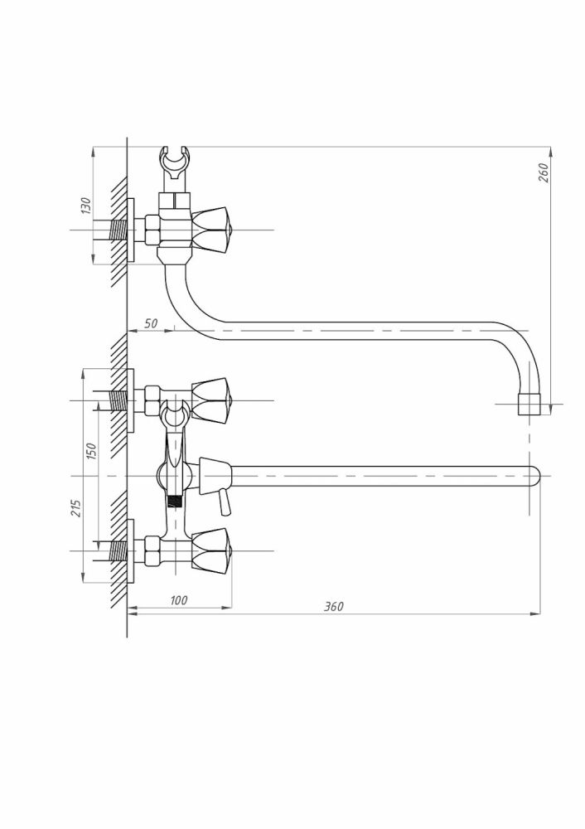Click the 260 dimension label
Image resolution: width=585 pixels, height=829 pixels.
544,172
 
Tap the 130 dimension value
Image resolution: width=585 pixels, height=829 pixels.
86,206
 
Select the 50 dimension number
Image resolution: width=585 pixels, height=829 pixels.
151,323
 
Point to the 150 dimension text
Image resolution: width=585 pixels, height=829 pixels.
91,451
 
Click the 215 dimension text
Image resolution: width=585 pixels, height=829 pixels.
76,508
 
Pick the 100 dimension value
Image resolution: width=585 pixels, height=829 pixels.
179,600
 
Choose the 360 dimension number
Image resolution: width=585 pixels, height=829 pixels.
333,607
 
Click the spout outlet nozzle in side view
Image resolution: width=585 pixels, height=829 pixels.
529,404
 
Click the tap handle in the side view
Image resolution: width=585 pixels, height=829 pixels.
211,230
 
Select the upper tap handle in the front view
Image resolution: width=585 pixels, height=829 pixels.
211,400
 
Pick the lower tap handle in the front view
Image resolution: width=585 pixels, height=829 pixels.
211,550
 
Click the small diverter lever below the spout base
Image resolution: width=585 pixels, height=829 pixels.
225,502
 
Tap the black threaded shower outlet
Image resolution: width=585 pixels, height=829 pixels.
174,500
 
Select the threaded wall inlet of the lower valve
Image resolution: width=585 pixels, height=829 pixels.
118,550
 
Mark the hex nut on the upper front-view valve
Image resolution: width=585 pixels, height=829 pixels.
152,400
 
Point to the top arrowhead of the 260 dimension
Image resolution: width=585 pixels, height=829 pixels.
551,153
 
